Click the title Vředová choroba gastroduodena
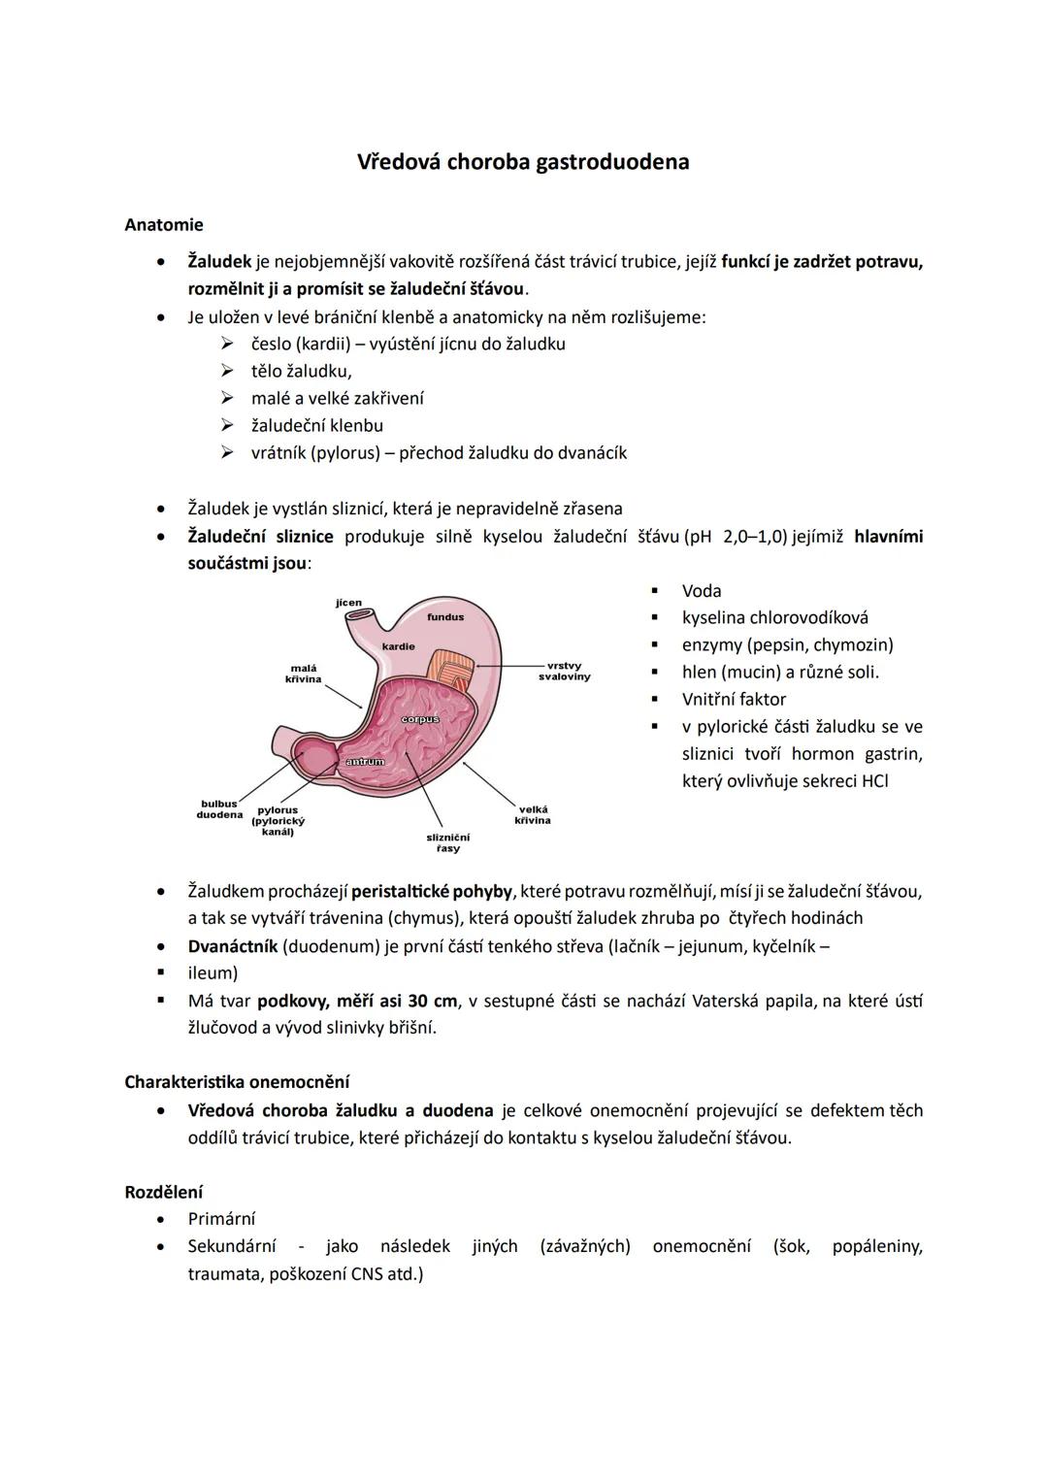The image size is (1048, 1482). pos(523,162)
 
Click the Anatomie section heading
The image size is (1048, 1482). pos(164,225)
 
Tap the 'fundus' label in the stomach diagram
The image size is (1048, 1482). pos(445,617)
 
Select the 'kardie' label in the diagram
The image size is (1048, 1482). pos(398,646)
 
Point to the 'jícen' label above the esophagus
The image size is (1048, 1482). pos(348,603)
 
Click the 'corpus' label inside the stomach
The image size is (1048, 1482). pos(420,719)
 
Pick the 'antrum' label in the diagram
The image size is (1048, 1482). pos(365,762)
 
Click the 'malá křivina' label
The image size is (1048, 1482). pos(303,674)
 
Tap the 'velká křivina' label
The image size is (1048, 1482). pos(533,814)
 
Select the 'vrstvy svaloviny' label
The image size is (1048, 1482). pos(564,671)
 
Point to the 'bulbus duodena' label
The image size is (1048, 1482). pos(219,809)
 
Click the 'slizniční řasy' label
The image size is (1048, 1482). pos(448,842)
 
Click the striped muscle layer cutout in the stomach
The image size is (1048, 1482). pos(451,671)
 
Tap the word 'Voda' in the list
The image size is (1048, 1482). pos(702,591)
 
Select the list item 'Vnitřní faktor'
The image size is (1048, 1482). pos(734,700)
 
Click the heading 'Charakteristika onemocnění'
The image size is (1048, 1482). pos(237,1082)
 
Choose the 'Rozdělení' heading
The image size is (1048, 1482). pos(164,1192)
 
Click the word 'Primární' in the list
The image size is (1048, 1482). pos(221,1219)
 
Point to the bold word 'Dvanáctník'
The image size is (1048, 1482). pos(233,946)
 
